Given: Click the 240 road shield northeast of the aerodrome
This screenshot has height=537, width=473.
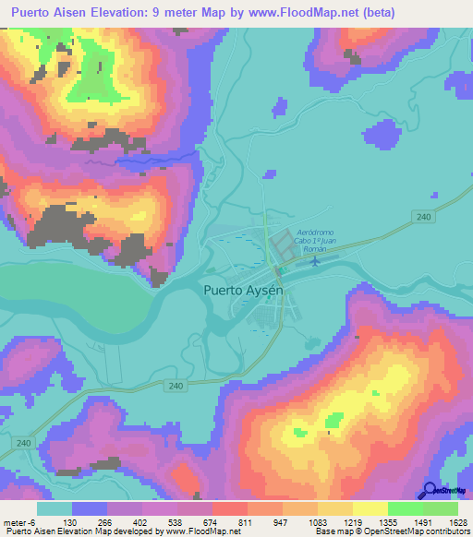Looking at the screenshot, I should click(424, 216).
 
